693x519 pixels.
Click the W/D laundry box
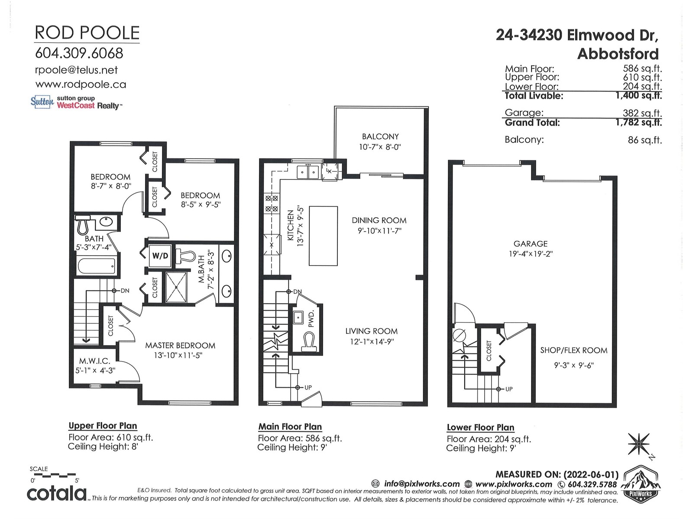[x=160, y=256]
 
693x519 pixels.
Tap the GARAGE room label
[x=531, y=243]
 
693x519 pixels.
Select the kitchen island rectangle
[x=323, y=236]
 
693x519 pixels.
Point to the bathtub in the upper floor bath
[x=97, y=266]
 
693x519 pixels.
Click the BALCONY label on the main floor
[x=380, y=136]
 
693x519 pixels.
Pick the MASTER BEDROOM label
[x=180, y=346]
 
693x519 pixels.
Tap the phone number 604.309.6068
[x=79, y=53]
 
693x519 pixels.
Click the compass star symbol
[x=638, y=444]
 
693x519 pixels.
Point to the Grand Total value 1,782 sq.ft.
[x=638, y=122]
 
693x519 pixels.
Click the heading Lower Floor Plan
[x=480, y=427]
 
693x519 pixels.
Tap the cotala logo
[x=56, y=493]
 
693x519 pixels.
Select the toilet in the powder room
[x=308, y=343]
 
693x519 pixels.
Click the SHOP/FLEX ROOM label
[x=573, y=350]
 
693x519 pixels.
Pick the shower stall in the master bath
[x=176, y=287]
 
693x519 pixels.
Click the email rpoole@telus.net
[x=76, y=70]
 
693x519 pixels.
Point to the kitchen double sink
[x=308, y=172]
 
